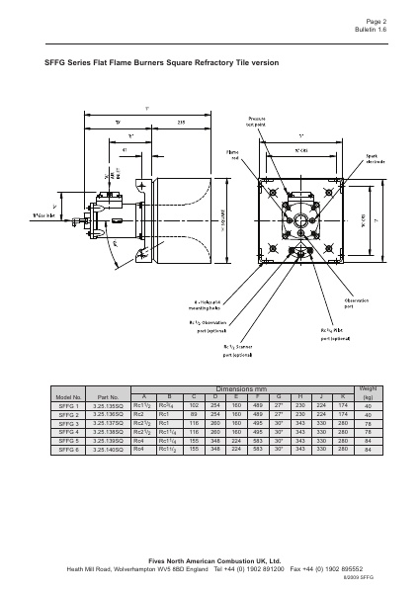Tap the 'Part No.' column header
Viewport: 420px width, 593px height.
pyautogui.click(x=109, y=396)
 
